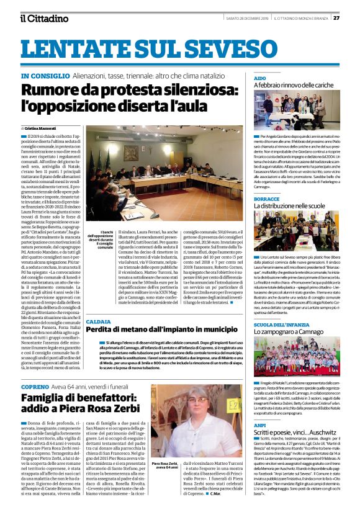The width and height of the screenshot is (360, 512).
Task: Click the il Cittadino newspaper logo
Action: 43,19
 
